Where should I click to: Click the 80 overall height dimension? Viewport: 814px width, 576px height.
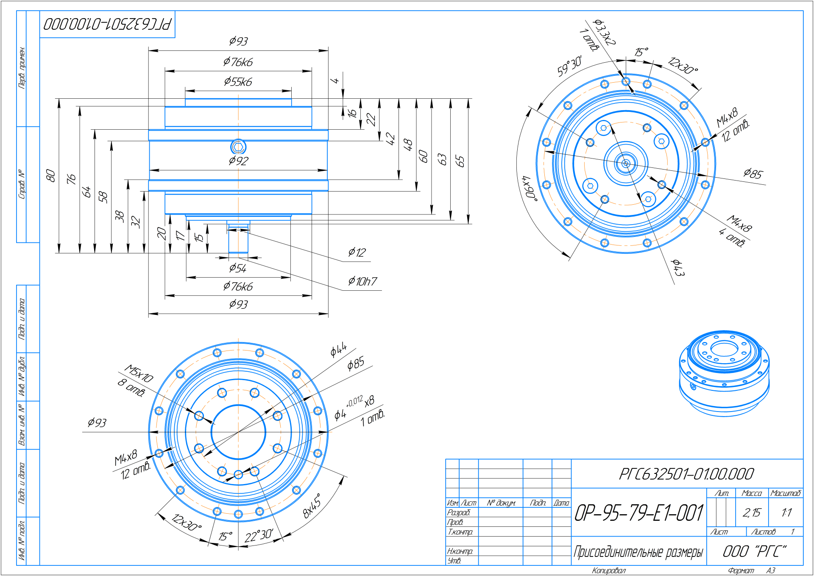click(x=50, y=175)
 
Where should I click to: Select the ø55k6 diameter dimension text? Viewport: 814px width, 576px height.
click(x=238, y=81)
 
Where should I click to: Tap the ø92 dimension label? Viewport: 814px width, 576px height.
click(x=238, y=161)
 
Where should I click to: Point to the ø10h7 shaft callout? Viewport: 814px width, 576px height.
click(x=362, y=281)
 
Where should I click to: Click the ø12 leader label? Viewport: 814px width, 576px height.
click(x=357, y=253)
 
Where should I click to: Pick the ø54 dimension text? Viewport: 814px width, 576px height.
click(x=238, y=268)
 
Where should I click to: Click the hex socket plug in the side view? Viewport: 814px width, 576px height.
click(x=238, y=147)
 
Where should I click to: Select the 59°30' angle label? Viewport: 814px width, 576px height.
click(x=569, y=66)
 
